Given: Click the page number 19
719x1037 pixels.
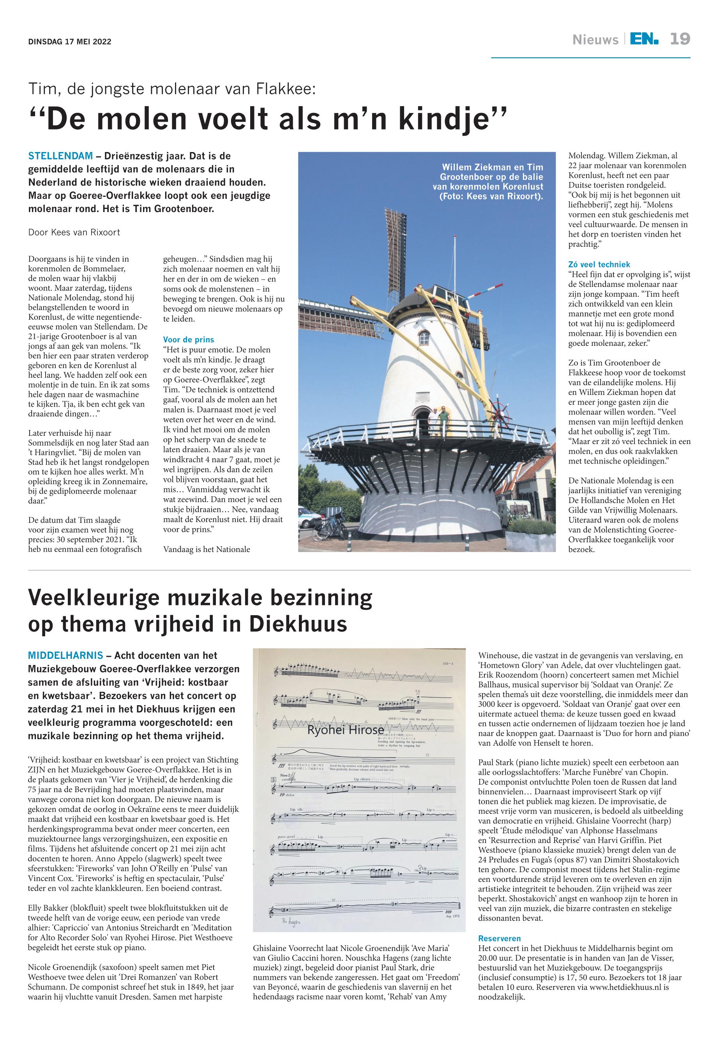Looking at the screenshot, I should point(680,39).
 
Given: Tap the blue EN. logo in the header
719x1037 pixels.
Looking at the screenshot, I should point(644,39).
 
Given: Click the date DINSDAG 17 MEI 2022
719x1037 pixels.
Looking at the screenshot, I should point(69,42).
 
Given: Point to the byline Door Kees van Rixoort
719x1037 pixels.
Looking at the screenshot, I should point(74,233).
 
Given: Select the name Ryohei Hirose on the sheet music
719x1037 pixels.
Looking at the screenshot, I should point(346,730).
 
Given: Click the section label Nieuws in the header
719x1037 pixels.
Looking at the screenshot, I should point(595,40).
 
